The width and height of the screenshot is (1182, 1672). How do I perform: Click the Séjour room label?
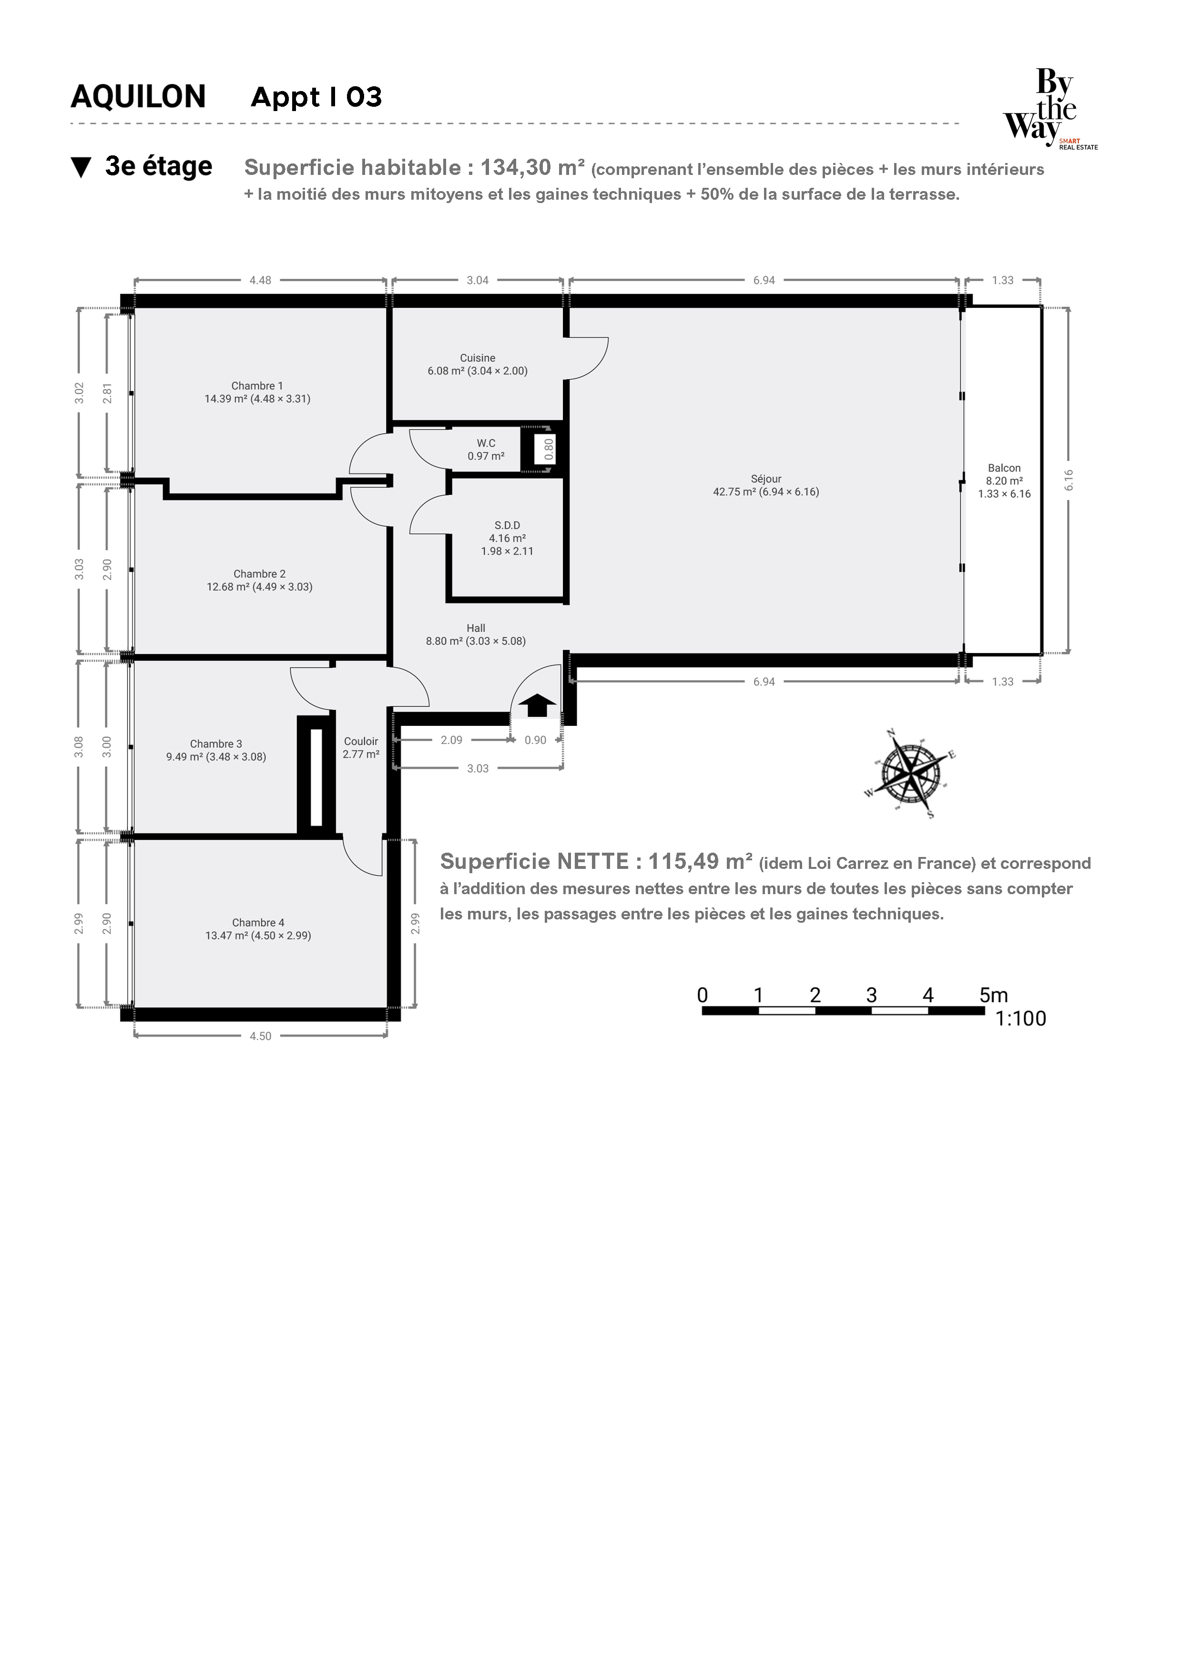[x=766, y=479]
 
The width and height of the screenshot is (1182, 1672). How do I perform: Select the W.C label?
[x=487, y=443]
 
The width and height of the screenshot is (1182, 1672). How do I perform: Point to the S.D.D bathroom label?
[x=508, y=526]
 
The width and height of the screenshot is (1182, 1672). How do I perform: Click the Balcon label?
[x=1004, y=468]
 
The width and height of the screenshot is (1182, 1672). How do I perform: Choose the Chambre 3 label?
[x=216, y=744]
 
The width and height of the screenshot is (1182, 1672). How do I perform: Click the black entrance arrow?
[x=538, y=705]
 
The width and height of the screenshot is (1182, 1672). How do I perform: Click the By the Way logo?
[x=1049, y=108]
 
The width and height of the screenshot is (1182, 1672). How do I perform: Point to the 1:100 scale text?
[x=1020, y=1019]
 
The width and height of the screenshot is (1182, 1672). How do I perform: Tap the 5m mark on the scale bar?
[x=993, y=995]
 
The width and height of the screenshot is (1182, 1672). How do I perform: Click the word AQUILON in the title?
[x=138, y=97]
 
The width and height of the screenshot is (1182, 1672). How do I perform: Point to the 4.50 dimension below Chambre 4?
[x=260, y=1036]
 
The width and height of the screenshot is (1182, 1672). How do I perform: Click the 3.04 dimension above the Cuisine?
[x=478, y=280]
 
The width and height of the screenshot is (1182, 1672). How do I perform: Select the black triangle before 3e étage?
[x=81, y=167]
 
